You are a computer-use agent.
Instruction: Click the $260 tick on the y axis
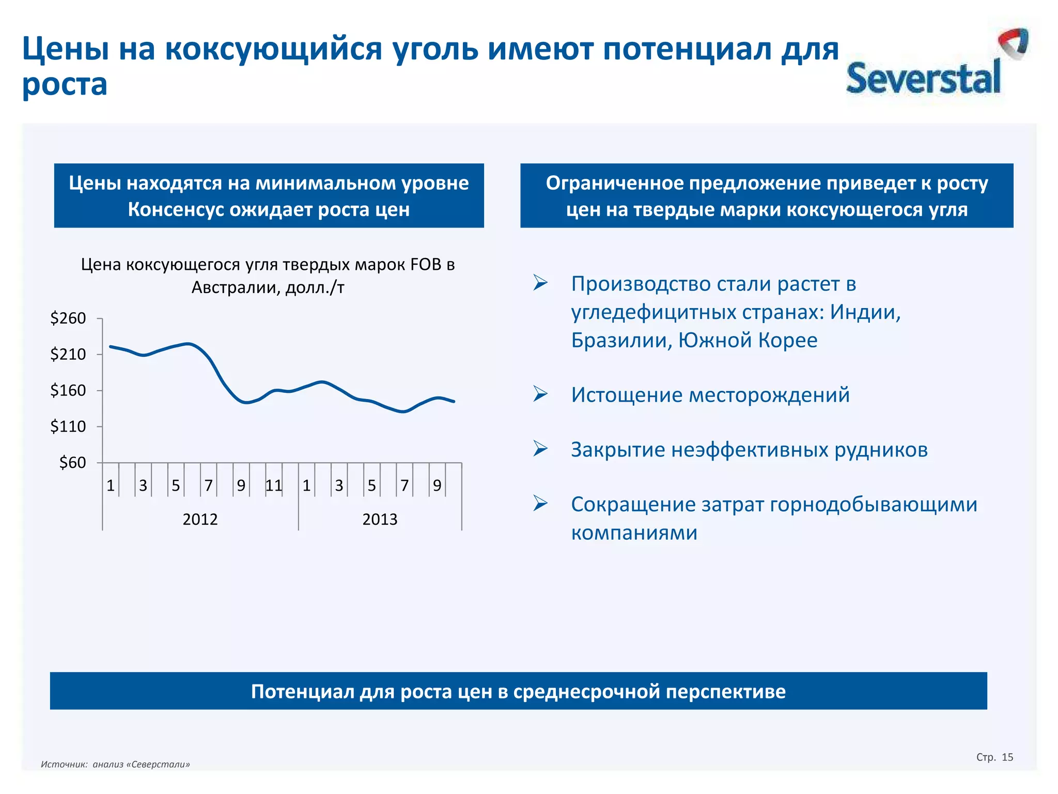68,318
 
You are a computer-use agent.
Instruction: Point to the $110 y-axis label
68,426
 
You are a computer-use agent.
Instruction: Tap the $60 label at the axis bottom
72,462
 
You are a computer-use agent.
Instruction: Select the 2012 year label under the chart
200,519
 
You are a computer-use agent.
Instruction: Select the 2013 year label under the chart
380,519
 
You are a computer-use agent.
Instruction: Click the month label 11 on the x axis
273,485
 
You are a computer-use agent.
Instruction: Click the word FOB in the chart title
427,265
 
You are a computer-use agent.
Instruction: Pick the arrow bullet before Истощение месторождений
540,394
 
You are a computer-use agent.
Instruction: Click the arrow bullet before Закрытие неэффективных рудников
540,449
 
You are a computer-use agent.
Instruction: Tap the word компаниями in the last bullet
634,532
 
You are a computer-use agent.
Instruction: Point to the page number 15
1007,757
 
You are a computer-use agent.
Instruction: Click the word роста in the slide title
65,85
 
